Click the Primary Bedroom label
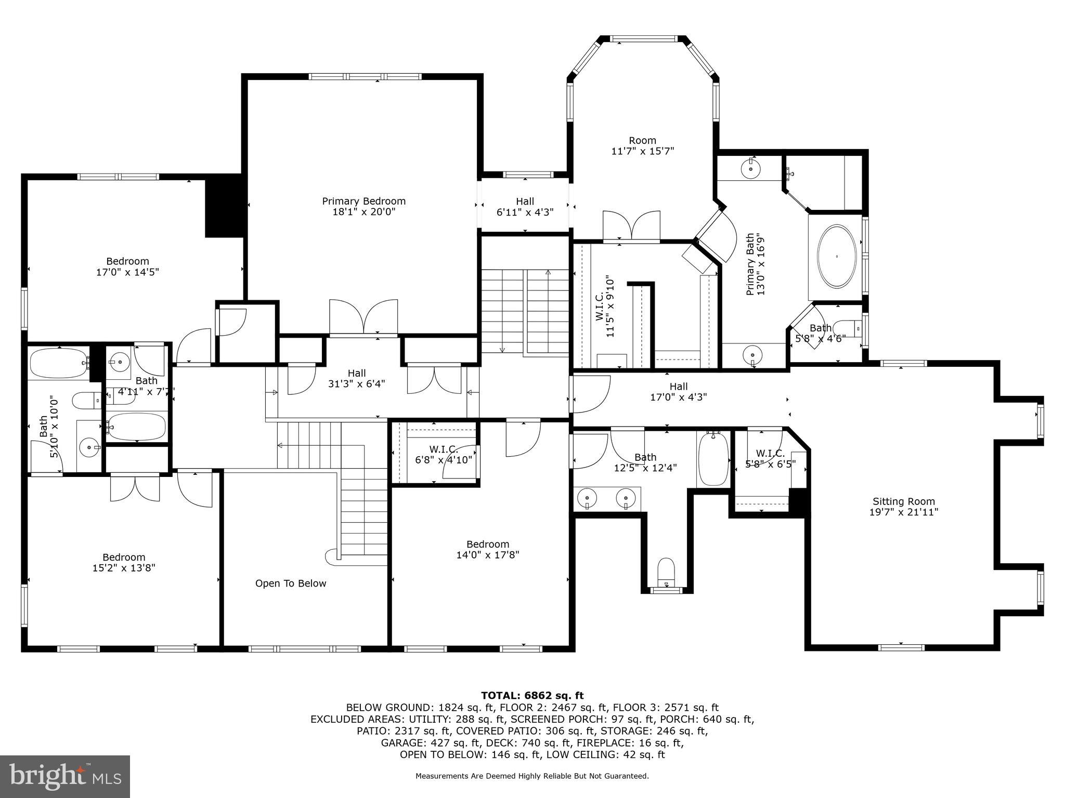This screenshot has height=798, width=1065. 363,206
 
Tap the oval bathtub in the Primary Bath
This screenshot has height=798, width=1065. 837,257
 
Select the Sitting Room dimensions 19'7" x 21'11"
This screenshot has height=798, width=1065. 903,512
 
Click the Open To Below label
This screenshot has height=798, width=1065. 291,583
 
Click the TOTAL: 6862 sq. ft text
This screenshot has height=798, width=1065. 532,695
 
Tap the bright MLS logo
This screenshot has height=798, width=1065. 65,776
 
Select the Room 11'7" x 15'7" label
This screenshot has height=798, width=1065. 642,145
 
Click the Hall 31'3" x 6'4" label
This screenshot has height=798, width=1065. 357,378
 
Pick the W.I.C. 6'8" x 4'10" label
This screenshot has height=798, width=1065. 443,454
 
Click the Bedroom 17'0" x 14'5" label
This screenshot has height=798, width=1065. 127,267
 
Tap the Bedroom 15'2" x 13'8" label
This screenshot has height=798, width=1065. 124,563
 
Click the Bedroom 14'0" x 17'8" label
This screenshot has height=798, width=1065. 487,549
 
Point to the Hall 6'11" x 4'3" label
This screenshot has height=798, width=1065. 525,206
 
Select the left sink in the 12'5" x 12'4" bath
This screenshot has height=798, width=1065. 586,499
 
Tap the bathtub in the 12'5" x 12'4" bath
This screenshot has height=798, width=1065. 713,460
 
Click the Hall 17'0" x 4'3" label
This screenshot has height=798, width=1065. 678,392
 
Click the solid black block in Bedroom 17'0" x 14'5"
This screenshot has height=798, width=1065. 224,206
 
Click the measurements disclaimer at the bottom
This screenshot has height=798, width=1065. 532,776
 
